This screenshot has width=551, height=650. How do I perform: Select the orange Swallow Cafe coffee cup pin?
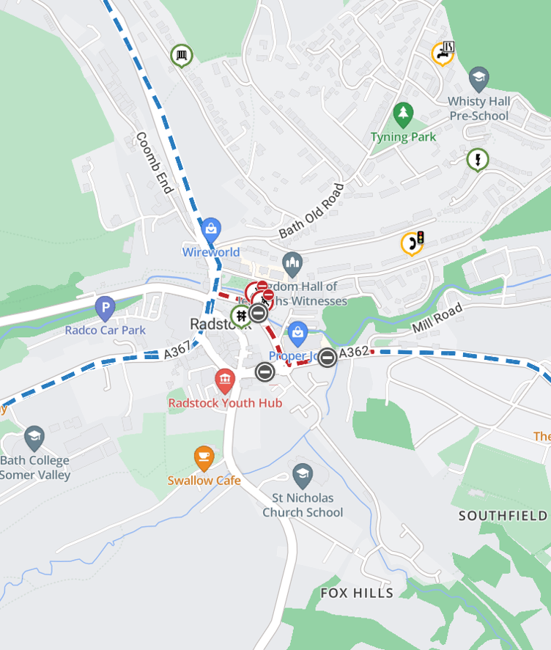(204, 458)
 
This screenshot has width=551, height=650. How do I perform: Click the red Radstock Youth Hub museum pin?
(224, 379)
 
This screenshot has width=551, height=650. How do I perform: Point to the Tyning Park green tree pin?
(402, 114)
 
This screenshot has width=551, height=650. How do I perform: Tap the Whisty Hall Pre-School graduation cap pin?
(478, 77)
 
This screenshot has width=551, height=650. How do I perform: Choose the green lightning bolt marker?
(478, 159)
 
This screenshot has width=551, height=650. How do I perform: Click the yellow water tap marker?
(441, 53)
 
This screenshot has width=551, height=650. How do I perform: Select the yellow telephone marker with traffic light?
(412, 243)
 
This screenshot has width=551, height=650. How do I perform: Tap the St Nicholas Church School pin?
(302, 476)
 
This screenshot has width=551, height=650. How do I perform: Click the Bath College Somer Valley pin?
(34, 438)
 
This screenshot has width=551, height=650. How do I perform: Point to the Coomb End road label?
(154, 163)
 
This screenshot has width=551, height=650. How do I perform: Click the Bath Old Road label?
(311, 211)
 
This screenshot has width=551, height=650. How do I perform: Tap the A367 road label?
(177, 352)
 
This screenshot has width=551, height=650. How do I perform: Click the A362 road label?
(354, 352)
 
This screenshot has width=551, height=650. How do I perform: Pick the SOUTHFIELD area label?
(503, 515)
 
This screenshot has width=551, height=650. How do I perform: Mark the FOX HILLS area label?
(357, 592)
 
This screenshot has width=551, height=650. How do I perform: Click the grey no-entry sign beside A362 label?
(328, 358)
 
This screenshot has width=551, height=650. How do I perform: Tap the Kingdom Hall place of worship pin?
(292, 262)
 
